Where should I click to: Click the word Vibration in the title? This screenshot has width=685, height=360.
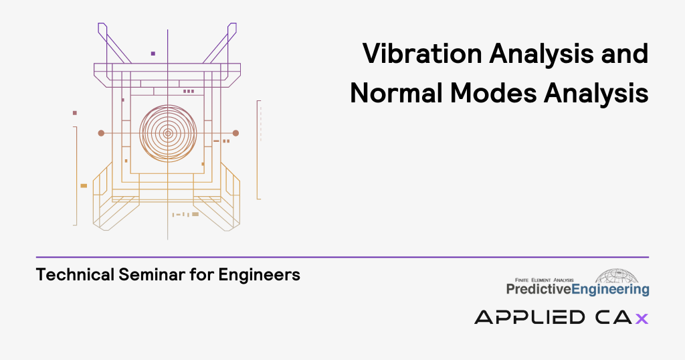pyautogui.click(x=422, y=54)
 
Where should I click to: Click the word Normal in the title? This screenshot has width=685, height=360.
pyautogui.click(x=395, y=93)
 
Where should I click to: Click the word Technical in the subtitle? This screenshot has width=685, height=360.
pyautogui.click(x=75, y=275)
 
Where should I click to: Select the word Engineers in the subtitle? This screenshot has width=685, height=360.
pyautogui.click(x=259, y=275)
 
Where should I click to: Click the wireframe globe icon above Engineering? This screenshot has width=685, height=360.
pyautogui.click(x=616, y=276)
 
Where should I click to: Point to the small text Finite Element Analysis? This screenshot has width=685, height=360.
pyautogui.click(x=544, y=280)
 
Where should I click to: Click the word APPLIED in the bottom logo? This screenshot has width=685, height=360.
pyautogui.click(x=530, y=317)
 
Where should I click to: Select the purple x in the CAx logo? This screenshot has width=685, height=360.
pyautogui.click(x=642, y=319)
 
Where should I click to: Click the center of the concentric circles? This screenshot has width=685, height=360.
pyautogui.click(x=168, y=133)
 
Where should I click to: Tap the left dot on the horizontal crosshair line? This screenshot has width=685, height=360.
pyautogui.click(x=101, y=133)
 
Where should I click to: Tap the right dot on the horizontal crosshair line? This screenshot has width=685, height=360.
pyautogui.click(x=235, y=133)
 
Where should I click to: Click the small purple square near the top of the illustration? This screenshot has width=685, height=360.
pyautogui.click(x=153, y=54)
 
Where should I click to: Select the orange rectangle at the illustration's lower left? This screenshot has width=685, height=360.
pyautogui.click(x=84, y=185)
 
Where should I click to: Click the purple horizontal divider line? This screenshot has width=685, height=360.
pyautogui.click(x=342, y=258)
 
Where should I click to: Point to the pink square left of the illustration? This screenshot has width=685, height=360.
pyautogui.click(x=75, y=112)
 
